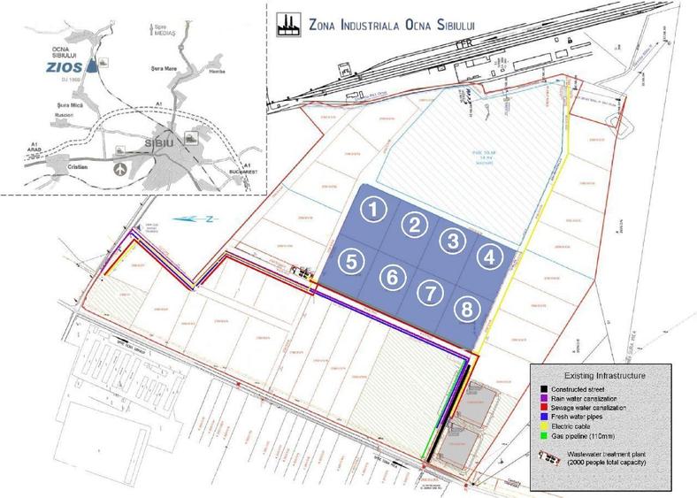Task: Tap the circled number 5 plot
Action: (x=351, y=261)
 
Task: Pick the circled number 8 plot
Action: (x=465, y=309)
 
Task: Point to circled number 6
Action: (x=390, y=276)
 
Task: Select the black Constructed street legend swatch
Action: (x=537, y=389)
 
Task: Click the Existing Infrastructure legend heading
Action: (x=601, y=376)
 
